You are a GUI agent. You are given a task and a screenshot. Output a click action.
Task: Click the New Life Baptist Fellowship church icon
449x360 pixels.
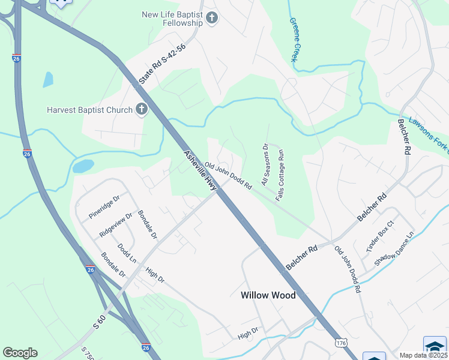click(211, 18)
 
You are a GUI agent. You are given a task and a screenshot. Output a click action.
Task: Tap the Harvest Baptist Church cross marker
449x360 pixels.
click(141, 109)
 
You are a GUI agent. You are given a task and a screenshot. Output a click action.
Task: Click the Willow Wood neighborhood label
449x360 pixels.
click(268, 295)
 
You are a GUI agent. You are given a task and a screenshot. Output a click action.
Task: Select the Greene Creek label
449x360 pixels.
click(297, 39)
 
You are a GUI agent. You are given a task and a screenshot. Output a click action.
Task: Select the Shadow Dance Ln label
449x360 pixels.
click(394, 249)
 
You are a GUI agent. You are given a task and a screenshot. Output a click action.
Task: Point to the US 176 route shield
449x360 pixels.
click(341, 342)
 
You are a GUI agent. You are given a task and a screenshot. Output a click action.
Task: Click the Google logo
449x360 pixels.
click(20, 352)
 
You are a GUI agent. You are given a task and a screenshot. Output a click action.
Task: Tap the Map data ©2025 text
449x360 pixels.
click(423, 355)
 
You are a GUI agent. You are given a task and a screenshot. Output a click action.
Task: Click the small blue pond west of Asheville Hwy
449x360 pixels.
click(83, 166)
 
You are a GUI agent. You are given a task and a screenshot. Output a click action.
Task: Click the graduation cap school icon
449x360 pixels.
click(435, 347)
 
